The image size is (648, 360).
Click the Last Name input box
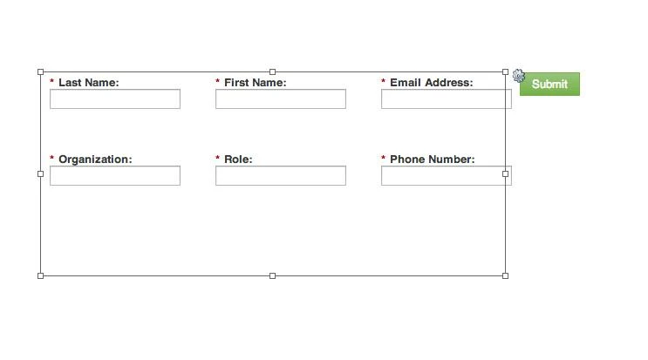(115, 99)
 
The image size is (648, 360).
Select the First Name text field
(281, 99)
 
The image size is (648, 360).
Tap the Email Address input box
(447, 99)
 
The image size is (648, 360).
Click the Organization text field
(115, 176)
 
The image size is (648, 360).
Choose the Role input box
(281, 176)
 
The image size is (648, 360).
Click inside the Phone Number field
(447, 176)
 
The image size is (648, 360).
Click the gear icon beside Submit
(519, 76)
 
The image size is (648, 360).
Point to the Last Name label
(89, 83)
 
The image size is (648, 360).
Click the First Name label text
(255, 83)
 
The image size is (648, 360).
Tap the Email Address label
(432, 83)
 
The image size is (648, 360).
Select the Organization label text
(95, 160)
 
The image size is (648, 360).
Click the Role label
(238, 160)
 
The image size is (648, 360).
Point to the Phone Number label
(433, 160)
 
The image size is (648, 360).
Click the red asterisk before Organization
(51, 158)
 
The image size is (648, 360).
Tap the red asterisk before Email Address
(383, 81)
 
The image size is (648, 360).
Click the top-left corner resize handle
(40, 71)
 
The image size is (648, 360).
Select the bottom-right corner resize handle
(506, 275)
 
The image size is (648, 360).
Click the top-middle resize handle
(272, 71)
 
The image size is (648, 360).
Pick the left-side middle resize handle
(40, 173)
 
